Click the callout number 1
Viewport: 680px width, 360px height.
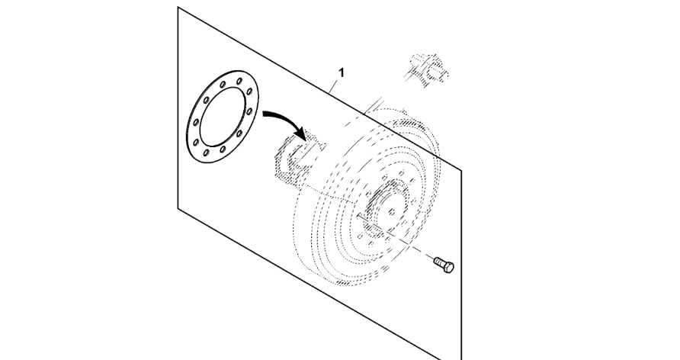point(342,73)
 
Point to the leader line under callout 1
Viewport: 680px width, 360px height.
point(335,85)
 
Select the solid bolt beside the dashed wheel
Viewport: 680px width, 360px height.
point(444,264)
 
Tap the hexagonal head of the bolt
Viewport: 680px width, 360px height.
point(448,267)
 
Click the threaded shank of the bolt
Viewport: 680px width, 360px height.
point(439,261)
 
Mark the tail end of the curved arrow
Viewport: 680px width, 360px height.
point(264,114)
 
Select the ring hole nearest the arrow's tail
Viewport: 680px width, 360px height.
point(249,111)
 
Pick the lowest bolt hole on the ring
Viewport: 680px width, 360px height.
point(206,153)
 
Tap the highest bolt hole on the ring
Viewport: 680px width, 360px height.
point(239,81)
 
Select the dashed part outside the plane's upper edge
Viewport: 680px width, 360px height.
point(427,70)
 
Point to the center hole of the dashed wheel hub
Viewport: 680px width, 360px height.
point(392,212)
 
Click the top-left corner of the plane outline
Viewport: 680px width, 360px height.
point(178,7)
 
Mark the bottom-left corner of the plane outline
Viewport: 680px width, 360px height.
point(178,208)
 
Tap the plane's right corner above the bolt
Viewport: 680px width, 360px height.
point(461,171)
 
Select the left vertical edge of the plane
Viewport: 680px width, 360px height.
point(178,108)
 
